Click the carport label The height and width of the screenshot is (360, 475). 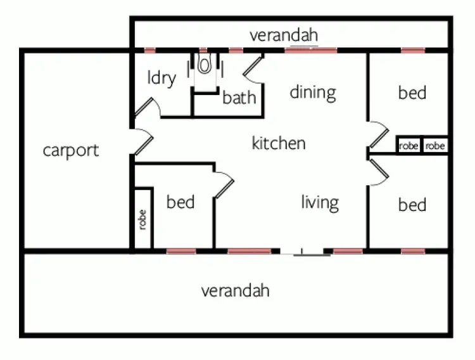pos(71,151)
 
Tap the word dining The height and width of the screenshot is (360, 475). pos(312,93)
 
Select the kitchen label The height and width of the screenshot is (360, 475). pos(279,143)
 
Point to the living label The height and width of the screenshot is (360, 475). pos(319,203)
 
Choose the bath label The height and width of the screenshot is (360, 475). pos(239,98)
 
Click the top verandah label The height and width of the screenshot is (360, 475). pos(283,35)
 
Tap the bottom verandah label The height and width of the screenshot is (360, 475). pos(236,291)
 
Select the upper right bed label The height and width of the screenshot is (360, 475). pos(412,93)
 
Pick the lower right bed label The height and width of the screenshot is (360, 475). pos(412,205)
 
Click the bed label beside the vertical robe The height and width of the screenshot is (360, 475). pos(180,203)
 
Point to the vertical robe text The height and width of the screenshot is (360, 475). pos(142,219)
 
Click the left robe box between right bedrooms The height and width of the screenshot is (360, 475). pos(408,146)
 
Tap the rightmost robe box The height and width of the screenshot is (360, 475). pos(435,146)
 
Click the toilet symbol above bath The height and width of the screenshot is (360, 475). pos(205,65)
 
